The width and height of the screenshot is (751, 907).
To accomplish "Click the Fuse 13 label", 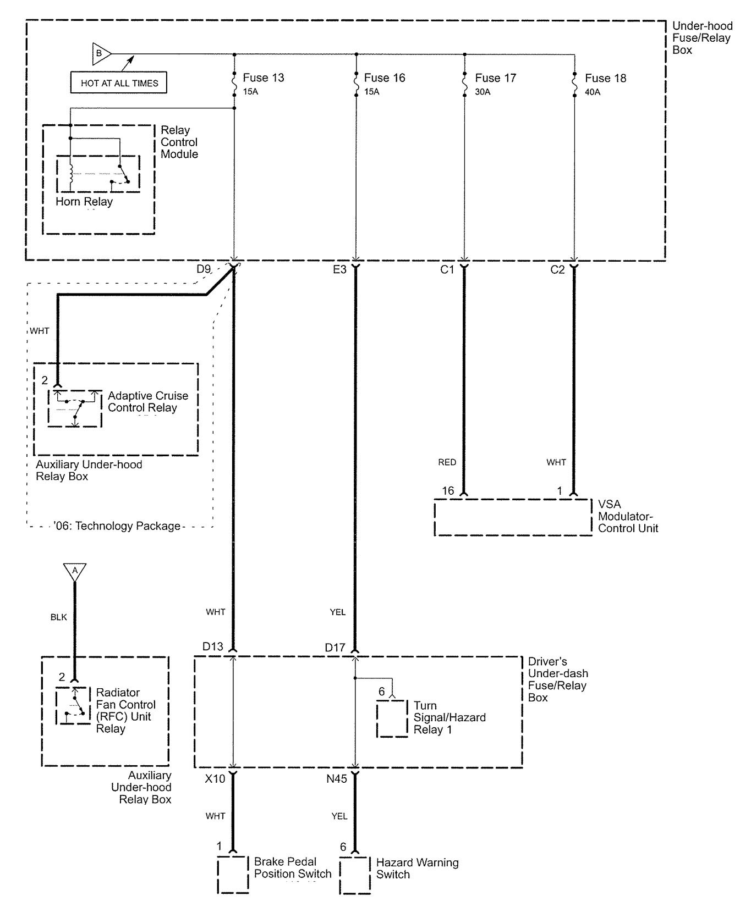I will tap(264, 78).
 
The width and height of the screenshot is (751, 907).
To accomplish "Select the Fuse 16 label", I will tap(385, 78).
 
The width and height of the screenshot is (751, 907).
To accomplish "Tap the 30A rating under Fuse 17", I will tap(483, 92).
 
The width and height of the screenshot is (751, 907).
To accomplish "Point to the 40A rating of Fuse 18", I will tap(593, 92).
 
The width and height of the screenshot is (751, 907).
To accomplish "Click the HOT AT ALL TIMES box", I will tap(119, 83).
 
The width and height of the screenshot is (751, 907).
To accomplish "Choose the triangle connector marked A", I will tap(75, 572).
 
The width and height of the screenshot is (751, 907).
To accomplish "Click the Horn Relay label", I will tap(84, 202).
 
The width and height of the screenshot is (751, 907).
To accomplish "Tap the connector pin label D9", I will tap(204, 270).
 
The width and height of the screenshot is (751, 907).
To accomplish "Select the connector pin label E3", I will tap(339, 270).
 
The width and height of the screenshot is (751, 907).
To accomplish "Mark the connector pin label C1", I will tap(447, 270).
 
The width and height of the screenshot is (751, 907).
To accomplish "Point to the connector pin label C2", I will tap(557, 270).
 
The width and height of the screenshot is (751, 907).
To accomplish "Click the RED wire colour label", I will tap(447, 462).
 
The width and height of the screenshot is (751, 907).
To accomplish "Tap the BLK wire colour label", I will tap(58, 617).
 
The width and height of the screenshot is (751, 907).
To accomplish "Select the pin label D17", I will tap(335, 648).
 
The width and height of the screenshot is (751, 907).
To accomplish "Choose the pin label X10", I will tap(215, 779).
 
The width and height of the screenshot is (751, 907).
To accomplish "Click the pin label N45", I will tap(337, 779).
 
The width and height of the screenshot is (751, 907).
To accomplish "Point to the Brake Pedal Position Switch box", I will tap(233, 874).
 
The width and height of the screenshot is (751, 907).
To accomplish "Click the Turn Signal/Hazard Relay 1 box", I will tap(392, 718).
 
